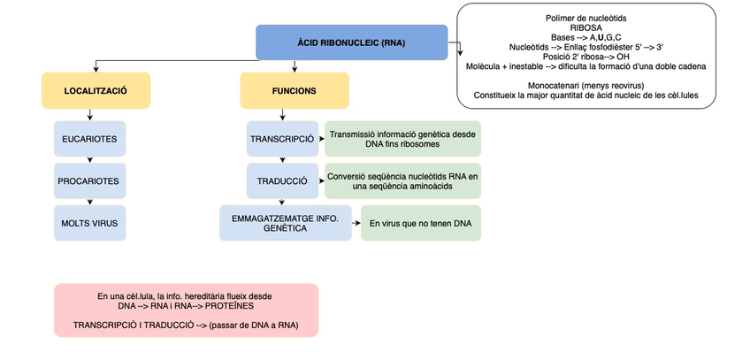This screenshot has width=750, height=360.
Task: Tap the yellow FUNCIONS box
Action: point(295,91)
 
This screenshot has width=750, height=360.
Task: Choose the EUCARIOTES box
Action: point(89,139)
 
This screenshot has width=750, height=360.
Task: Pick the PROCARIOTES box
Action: point(89,180)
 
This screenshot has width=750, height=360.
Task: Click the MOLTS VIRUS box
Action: point(89,223)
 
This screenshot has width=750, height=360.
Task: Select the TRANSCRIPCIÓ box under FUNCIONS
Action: point(282,139)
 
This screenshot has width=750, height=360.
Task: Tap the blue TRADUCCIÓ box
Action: point(282,180)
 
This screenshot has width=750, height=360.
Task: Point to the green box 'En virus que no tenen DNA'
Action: point(421,223)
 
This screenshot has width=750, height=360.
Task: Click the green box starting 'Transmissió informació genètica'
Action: point(402,139)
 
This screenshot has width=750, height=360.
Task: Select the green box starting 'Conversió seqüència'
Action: point(402,180)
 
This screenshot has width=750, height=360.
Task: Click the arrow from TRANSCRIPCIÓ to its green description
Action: point(320,139)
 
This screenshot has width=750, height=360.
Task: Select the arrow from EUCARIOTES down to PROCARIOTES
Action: point(89,159)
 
